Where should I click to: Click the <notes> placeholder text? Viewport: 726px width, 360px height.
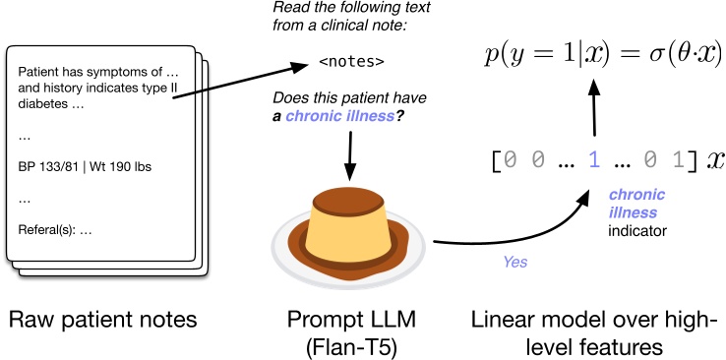[x=351, y=64]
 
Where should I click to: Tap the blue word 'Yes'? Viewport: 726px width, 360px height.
[x=515, y=264]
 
